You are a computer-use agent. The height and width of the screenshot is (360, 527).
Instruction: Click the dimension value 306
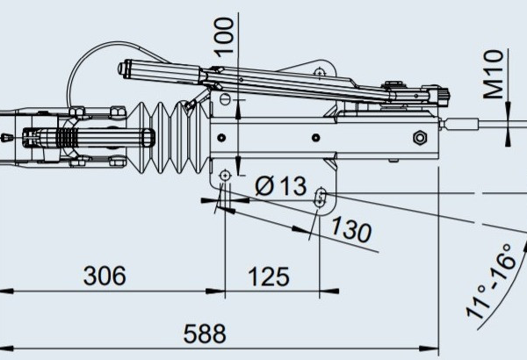coord(104,277)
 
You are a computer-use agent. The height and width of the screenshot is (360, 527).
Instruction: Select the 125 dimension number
coord(268,277)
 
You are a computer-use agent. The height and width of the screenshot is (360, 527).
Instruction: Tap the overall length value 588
coord(204,335)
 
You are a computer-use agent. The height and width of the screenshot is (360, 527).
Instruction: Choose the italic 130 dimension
coord(350,231)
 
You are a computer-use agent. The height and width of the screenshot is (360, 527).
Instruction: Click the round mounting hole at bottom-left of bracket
coord(225,177)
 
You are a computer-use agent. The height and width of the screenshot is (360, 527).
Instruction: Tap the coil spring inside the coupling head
coord(65,139)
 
